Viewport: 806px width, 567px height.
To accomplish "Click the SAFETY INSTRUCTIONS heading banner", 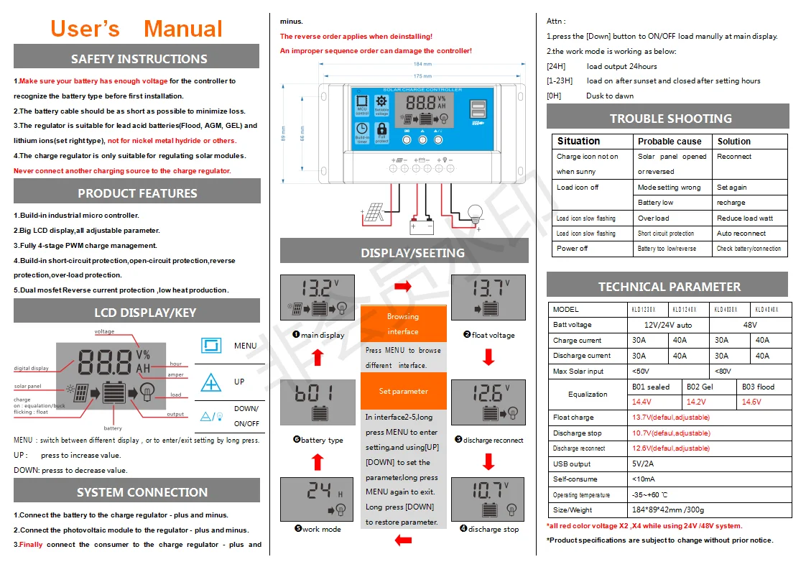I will click(136, 58).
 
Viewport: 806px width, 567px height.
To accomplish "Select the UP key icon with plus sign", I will click(210, 382).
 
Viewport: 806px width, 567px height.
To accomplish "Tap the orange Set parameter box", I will click(403, 391).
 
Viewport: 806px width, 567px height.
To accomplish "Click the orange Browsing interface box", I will click(403, 323).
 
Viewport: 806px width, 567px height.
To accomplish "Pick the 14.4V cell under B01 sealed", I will click(642, 402).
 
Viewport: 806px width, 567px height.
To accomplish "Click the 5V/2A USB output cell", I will click(642, 464).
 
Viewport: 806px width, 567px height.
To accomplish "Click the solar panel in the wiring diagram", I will click(373, 213).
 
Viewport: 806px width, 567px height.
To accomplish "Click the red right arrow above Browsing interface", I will click(403, 286).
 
